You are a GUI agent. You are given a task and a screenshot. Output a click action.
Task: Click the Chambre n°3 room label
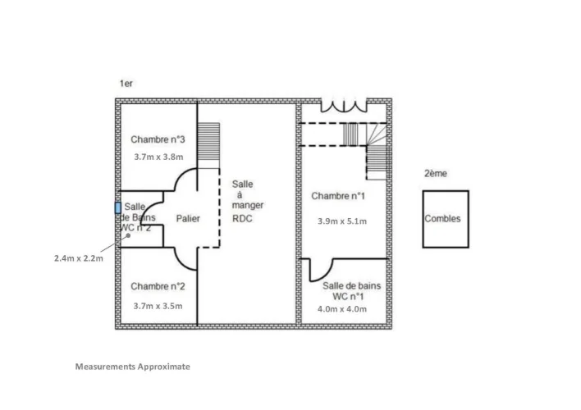pyautogui.click(x=158, y=139)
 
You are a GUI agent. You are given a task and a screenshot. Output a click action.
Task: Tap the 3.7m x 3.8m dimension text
pyautogui.click(x=158, y=156)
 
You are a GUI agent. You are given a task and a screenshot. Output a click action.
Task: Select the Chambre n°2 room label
pyautogui.click(x=158, y=286)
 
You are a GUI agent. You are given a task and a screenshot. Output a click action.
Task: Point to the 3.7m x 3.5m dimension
pyautogui.click(x=158, y=305)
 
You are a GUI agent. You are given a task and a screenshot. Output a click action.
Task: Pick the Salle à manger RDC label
pyautogui.click(x=248, y=201)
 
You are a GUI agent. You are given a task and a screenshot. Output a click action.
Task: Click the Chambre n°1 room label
pyautogui.click(x=338, y=196)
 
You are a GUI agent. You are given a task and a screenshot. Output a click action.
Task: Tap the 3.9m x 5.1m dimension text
pyautogui.click(x=342, y=221)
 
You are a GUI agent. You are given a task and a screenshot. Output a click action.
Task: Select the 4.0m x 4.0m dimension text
pyautogui.click(x=342, y=309)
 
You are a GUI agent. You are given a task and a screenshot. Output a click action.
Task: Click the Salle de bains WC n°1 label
pyautogui.click(x=351, y=290)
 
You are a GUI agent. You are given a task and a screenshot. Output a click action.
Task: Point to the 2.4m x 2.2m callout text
pyautogui.click(x=79, y=258)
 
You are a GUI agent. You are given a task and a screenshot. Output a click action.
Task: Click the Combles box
pyautogui.click(x=446, y=219)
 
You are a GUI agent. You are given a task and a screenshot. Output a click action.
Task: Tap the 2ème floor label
pyautogui.click(x=436, y=174)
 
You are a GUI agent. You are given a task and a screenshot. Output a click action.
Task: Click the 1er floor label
pyautogui.click(x=126, y=84)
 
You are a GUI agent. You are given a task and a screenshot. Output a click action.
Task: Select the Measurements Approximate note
pyautogui.click(x=132, y=367)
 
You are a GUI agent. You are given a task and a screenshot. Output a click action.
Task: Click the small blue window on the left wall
pyautogui.click(x=118, y=209)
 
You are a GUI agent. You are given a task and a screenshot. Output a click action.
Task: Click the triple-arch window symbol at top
pyautogui.click(x=343, y=107)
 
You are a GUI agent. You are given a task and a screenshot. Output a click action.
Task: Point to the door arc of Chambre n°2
pyautogui.click(x=185, y=261)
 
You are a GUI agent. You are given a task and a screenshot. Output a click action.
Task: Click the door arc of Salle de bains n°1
pyautogui.click(x=322, y=271)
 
